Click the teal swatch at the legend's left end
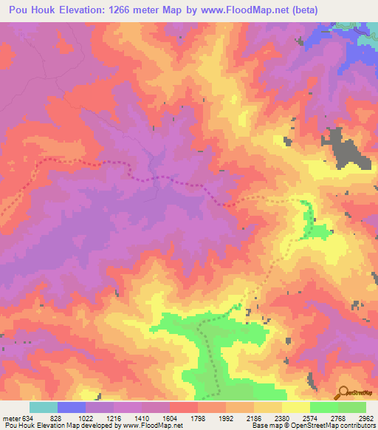tap(43, 407)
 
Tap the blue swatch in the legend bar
tap(72, 407)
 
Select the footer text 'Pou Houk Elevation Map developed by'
tap(55, 426)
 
